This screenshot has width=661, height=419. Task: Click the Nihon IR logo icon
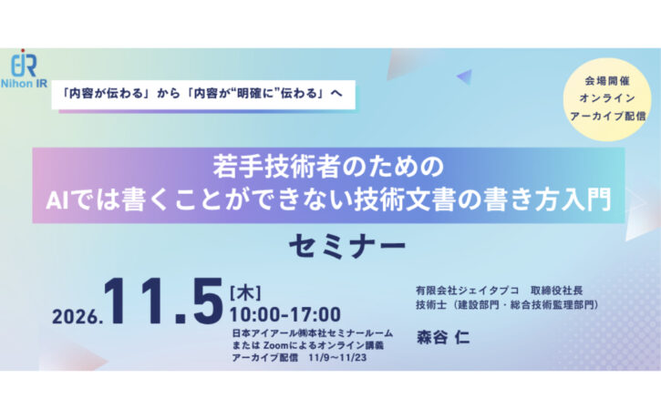[x=24, y=63]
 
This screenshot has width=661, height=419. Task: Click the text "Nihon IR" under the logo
[x=24, y=84]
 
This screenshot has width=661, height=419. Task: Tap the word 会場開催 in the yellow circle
[x=607, y=80]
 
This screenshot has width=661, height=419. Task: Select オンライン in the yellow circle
[x=607, y=97]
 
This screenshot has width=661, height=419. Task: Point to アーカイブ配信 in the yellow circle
[x=607, y=116]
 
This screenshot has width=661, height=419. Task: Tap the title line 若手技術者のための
[x=328, y=166]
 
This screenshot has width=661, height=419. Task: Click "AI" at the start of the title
[x=57, y=200]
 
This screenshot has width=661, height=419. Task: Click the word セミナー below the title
[x=347, y=246]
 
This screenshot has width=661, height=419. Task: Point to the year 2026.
[x=77, y=317]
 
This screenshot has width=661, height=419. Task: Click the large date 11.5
[x=163, y=301]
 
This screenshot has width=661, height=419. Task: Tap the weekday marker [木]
[x=245, y=293]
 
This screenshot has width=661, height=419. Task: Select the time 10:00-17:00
[x=285, y=314]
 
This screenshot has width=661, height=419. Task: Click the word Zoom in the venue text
[x=275, y=345]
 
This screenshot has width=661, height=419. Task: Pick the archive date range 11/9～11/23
[x=337, y=358]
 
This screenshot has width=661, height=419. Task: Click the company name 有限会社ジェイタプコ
[x=467, y=291]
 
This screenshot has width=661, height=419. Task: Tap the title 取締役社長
[x=556, y=291]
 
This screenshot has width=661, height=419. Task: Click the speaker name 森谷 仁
[x=443, y=337]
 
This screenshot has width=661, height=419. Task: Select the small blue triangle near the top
[x=465, y=77]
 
